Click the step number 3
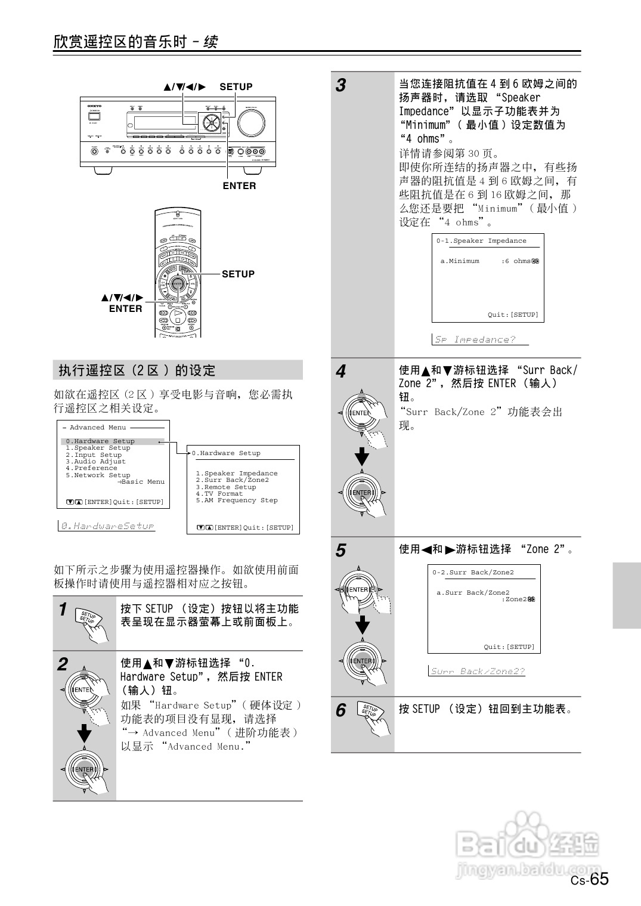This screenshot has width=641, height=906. click(x=340, y=85)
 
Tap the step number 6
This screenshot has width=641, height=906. click(x=340, y=710)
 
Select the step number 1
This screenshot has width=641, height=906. click(x=63, y=610)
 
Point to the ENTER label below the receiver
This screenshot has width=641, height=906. click(x=239, y=185)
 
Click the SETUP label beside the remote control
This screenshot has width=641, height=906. click(x=238, y=274)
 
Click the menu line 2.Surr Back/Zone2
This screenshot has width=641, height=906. click(x=232, y=480)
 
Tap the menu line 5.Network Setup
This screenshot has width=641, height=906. click(x=98, y=475)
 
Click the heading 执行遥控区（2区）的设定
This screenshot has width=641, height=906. click(x=137, y=370)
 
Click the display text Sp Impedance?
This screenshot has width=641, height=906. click(x=475, y=339)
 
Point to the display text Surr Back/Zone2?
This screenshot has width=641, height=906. click(x=478, y=671)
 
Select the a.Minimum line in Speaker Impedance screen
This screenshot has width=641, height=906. click(x=460, y=261)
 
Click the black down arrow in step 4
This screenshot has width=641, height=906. click(x=362, y=457)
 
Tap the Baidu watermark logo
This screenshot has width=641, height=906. click(x=528, y=841)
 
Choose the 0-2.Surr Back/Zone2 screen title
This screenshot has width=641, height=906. click(x=473, y=573)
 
